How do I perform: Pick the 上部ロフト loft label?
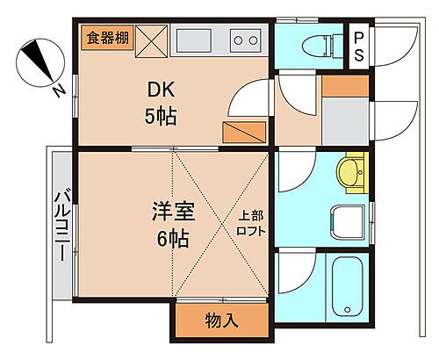[x=250, y=222]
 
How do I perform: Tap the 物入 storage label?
[x=221, y=320]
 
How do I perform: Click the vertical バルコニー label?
[x=63, y=225]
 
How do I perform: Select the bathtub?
[x=348, y=286]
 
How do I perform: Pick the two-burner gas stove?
[x=246, y=40]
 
